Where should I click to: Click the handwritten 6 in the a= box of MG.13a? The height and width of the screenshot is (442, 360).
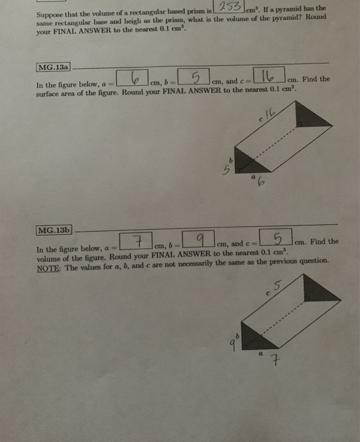pos(134,79)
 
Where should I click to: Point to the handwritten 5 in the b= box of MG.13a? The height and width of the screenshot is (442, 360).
pos(196,78)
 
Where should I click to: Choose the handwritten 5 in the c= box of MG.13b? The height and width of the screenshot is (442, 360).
pos(277,239)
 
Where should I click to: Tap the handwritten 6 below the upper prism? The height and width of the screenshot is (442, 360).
pos(260,184)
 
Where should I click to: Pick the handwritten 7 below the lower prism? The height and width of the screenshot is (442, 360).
pos(275,362)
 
